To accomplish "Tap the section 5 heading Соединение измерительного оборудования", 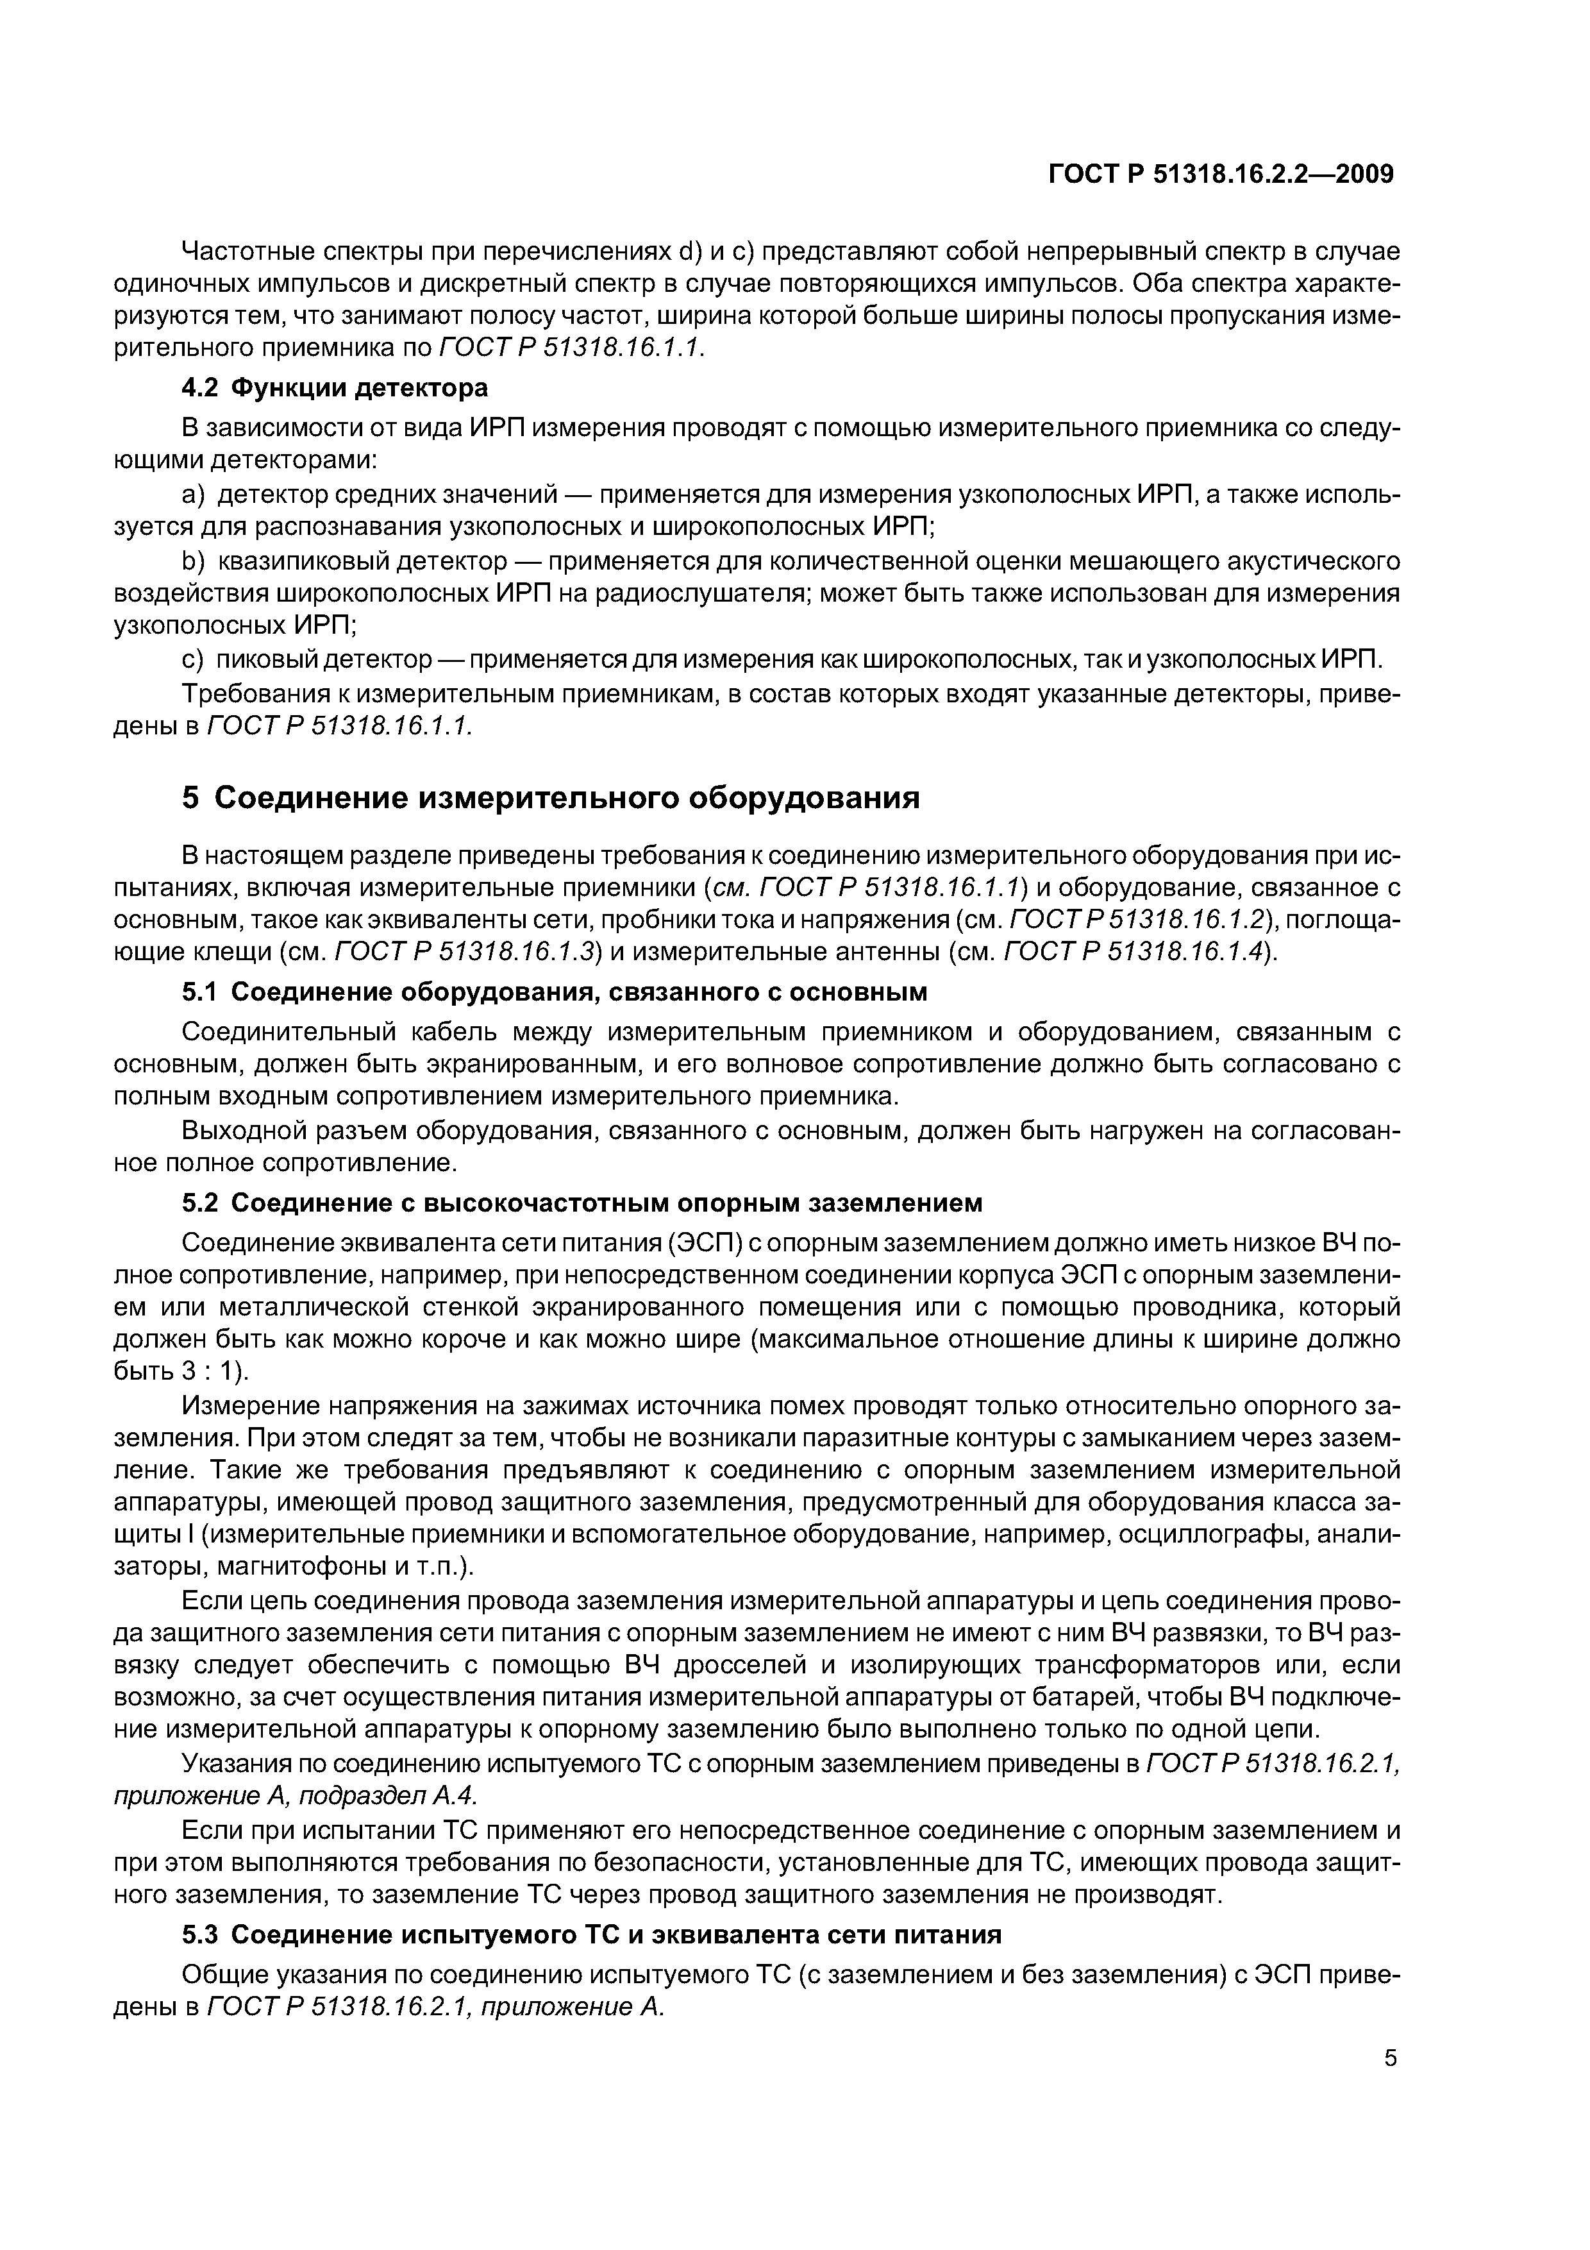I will point(551,798).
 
